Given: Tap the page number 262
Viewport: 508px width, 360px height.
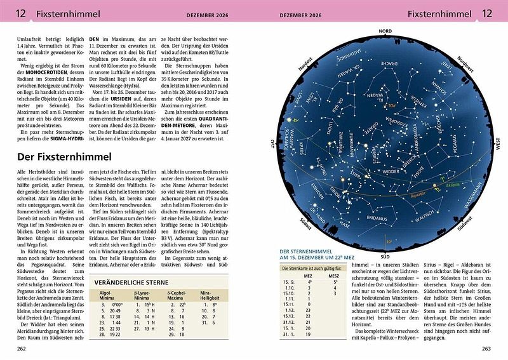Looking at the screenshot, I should point(22,348).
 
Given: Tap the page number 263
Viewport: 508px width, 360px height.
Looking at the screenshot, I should point(486,348).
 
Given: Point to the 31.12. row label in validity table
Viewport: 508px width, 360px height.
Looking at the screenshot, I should point(290,321).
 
